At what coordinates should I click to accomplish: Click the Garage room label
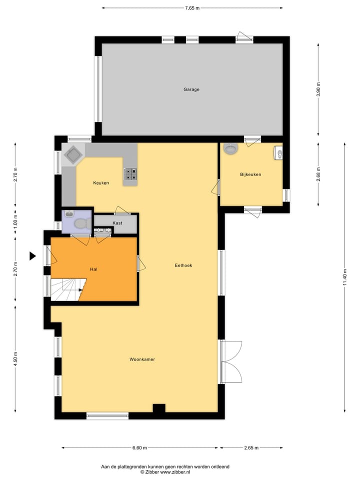(191, 89)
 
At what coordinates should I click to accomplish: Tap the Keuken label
(100, 183)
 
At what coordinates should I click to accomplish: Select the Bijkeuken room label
(250, 174)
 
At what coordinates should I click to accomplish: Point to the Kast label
(117, 223)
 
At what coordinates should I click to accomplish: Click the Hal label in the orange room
(93, 269)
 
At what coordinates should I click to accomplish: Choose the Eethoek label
(183, 265)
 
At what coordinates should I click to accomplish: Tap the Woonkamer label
(142, 359)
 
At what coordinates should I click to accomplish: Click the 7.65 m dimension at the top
(192, 8)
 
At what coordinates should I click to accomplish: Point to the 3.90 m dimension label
(318, 89)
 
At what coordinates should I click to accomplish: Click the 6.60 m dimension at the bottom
(139, 448)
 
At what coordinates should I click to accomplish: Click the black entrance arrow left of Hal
(32, 256)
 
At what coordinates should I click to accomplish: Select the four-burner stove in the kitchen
(130, 173)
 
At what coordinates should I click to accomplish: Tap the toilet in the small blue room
(80, 223)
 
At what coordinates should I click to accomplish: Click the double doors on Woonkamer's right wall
(230, 362)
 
